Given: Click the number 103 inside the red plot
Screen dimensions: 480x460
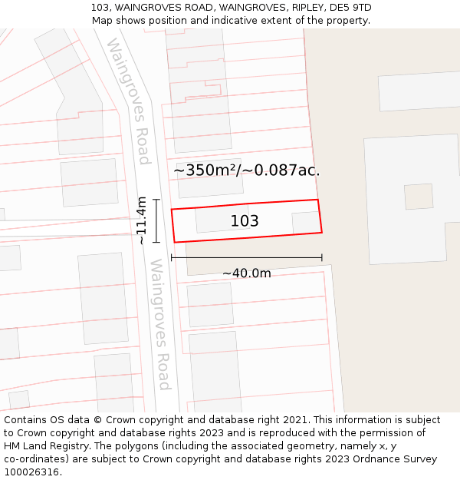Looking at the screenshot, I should [x=245, y=221].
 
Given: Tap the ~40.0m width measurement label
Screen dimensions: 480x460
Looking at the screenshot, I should [x=247, y=273].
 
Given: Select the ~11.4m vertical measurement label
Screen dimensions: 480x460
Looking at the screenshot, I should [x=141, y=220].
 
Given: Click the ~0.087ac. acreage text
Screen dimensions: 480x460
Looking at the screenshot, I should [x=281, y=170].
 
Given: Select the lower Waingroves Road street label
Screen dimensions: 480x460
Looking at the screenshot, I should [x=159, y=324].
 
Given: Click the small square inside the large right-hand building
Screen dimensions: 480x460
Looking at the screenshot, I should [x=419, y=197].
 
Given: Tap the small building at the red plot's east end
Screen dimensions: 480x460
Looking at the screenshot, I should [x=305, y=223].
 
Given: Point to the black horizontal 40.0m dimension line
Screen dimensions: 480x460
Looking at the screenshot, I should [x=246, y=257].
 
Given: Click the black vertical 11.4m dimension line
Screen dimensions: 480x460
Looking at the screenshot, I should [x=156, y=220].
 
